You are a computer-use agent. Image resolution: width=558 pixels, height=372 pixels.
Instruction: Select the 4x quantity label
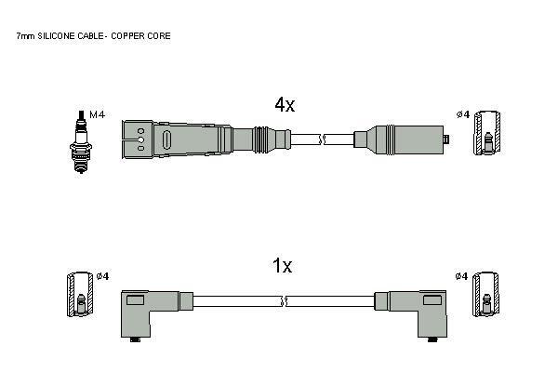[x=285, y=105]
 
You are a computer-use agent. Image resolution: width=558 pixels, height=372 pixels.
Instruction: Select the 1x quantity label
[x=282, y=266]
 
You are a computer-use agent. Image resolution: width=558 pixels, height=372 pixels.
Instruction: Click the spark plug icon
[x=81, y=141]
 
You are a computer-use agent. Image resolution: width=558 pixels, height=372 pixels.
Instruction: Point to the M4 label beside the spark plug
[x=97, y=114]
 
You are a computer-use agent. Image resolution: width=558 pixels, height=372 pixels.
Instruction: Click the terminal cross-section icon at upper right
[x=486, y=133]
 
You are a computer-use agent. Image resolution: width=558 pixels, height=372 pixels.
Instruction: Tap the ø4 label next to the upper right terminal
[x=463, y=114]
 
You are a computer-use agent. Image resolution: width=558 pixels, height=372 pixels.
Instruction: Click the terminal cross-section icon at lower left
[x=81, y=295]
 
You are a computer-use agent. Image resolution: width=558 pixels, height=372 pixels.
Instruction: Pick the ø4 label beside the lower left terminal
[x=102, y=276]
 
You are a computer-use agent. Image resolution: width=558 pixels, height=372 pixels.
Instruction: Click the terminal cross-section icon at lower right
[x=486, y=294]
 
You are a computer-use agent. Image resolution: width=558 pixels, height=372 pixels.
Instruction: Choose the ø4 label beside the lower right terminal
[x=461, y=276]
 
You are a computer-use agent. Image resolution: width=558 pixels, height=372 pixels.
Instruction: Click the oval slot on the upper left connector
[x=166, y=139]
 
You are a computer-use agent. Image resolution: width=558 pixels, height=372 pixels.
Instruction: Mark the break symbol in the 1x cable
[x=284, y=301]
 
